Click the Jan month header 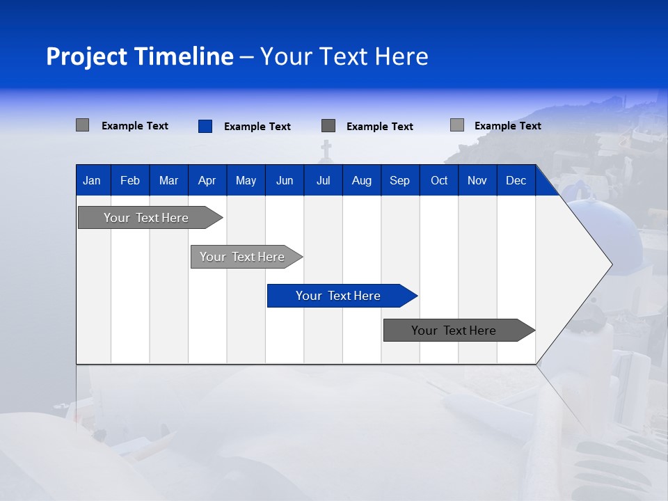(92, 181)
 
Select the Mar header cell (168, 181)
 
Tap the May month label (246, 181)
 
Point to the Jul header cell (323, 181)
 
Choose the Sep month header (399, 181)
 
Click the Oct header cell (439, 181)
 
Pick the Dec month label (516, 181)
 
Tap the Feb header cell (130, 181)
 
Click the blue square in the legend (205, 126)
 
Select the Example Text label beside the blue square (257, 127)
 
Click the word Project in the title (87, 56)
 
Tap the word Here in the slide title (401, 56)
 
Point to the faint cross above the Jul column (326, 149)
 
